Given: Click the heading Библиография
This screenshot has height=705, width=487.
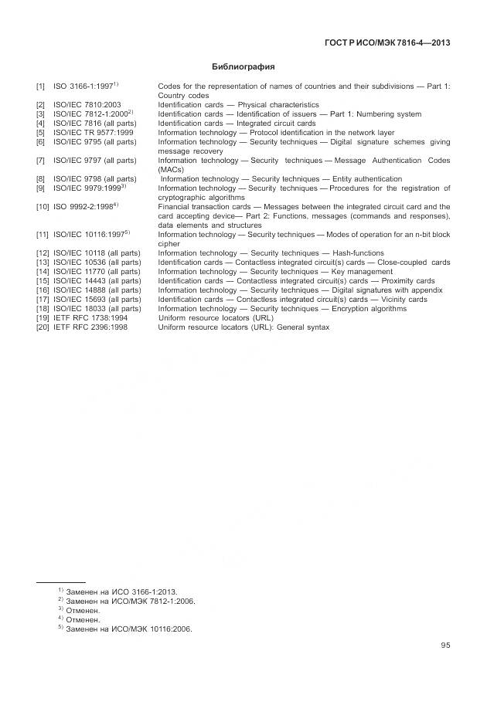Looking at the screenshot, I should [x=243, y=67].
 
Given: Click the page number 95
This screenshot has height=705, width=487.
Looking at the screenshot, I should [x=445, y=646].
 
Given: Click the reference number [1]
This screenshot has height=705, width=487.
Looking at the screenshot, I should [x=40, y=86].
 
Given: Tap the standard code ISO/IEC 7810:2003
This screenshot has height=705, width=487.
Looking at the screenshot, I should [x=87, y=104].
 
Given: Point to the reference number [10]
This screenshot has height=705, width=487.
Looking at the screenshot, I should [x=43, y=207].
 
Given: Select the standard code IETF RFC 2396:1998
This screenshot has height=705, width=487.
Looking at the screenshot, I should [x=90, y=327].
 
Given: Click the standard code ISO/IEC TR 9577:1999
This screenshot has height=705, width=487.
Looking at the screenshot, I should [x=93, y=132].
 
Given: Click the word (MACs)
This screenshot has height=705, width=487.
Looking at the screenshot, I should [x=171, y=169].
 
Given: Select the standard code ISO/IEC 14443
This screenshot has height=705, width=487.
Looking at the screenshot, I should [x=80, y=280].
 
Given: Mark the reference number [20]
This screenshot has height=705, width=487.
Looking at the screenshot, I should [x=43, y=327].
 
